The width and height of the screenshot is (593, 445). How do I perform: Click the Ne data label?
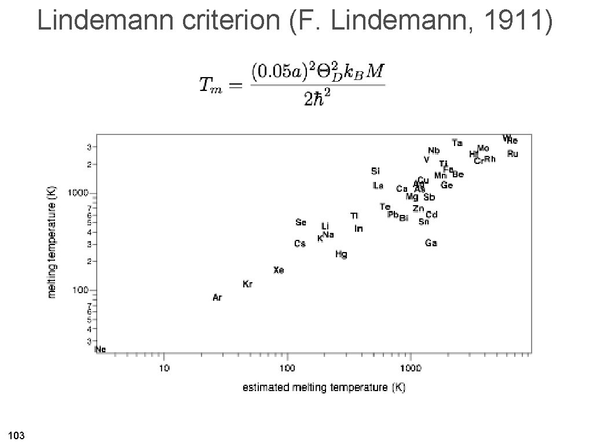click(x=100, y=349)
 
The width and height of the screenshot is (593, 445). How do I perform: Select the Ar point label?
click(x=217, y=298)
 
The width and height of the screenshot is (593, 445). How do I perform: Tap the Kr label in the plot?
click(x=247, y=284)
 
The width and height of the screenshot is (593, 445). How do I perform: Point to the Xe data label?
click(x=279, y=270)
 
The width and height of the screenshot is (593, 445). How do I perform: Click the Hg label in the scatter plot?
click(x=341, y=254)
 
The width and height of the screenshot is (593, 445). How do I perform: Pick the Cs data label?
click(x=299, y=244)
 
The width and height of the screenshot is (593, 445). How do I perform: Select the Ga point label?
click(x=431, y=243)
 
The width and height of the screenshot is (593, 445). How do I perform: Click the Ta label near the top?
click(x=457, y=143)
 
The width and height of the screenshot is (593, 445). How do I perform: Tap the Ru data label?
click(x=513, y=154)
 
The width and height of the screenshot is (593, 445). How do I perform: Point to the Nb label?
click(x=434, y=151)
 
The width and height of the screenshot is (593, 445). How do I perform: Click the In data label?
click(x=358, y=229)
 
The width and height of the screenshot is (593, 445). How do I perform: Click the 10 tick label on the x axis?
click(x=164, y=368)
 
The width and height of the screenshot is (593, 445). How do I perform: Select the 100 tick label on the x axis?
click(x=287, y=368)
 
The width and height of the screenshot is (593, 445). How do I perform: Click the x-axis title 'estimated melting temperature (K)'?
click(x=324, y=387)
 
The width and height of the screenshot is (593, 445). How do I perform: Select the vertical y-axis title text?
click(x=52, y=242)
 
